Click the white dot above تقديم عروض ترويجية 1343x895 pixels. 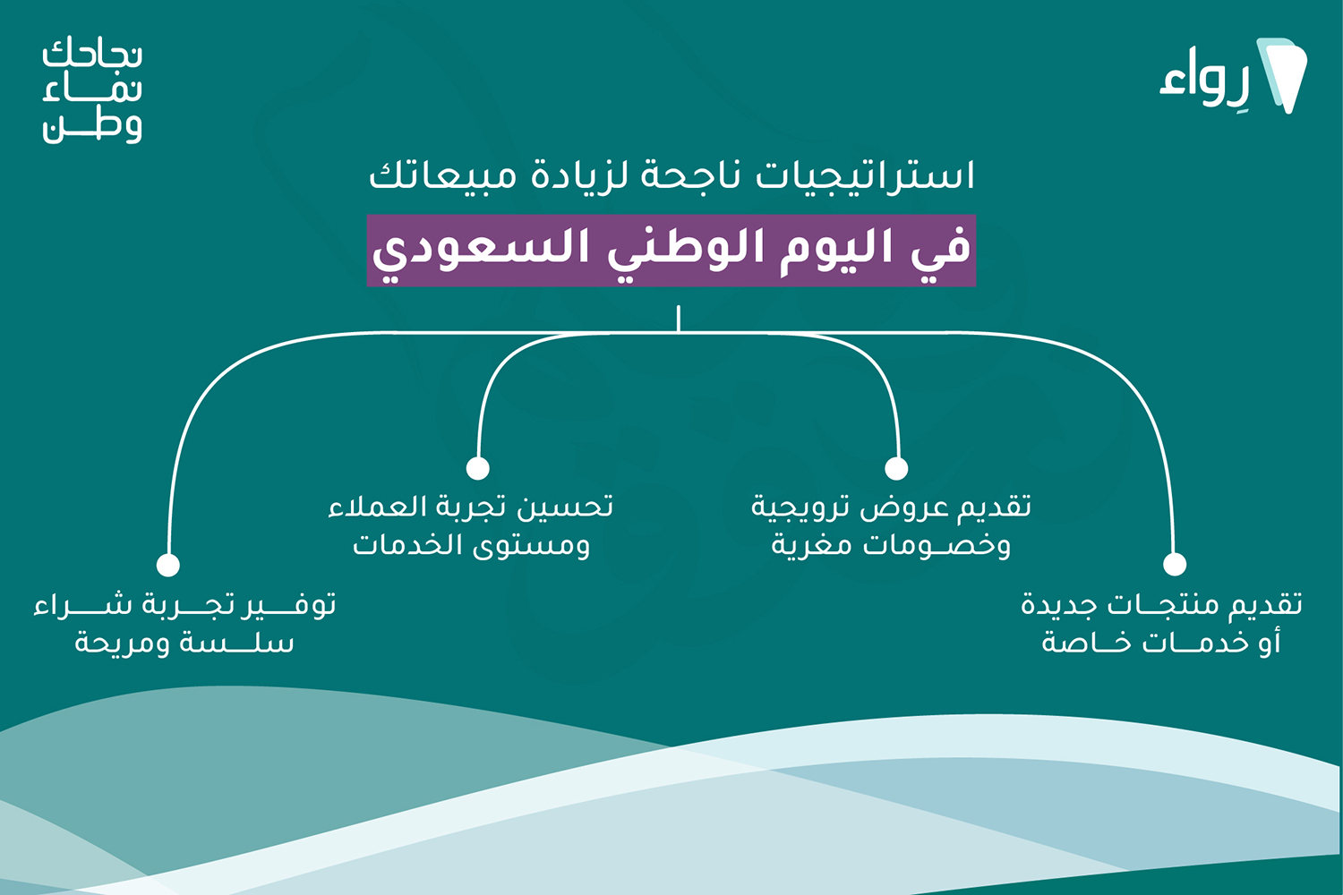896,468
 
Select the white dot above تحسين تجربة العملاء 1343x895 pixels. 478,468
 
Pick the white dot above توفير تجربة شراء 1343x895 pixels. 168,565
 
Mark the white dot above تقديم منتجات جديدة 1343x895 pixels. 1175,565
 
